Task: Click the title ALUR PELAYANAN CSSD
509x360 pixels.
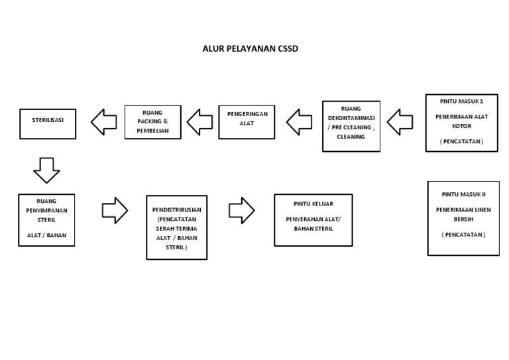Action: (250, 48)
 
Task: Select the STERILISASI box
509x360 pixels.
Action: (48, 123)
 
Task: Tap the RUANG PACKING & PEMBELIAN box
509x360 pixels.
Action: (152, 122)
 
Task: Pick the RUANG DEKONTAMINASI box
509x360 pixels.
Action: (351, 126)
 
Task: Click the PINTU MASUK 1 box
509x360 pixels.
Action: (461, 123)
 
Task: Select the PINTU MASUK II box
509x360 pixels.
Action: (463, 218)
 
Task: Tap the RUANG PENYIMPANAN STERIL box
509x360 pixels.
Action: (46, 219)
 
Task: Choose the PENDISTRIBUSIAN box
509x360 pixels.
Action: (176, 227)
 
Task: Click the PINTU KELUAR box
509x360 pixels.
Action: (313, 219)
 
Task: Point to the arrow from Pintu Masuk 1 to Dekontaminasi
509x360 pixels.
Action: (400, 121)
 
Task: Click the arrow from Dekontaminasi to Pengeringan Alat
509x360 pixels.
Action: (299, 121)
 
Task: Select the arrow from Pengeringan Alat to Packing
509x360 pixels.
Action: (199, 121)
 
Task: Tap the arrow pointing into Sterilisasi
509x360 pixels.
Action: (103, 122)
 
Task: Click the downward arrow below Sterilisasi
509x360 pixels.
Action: (46, 170)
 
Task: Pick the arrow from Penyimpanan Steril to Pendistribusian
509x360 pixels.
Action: (115, 210)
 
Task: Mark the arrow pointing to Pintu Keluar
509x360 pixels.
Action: (241, 210)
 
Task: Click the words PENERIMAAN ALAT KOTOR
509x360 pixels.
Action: (461, 121)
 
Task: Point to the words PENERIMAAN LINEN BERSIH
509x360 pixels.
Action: (463, 214)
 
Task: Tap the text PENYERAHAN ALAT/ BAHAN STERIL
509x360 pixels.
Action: (313, 224)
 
